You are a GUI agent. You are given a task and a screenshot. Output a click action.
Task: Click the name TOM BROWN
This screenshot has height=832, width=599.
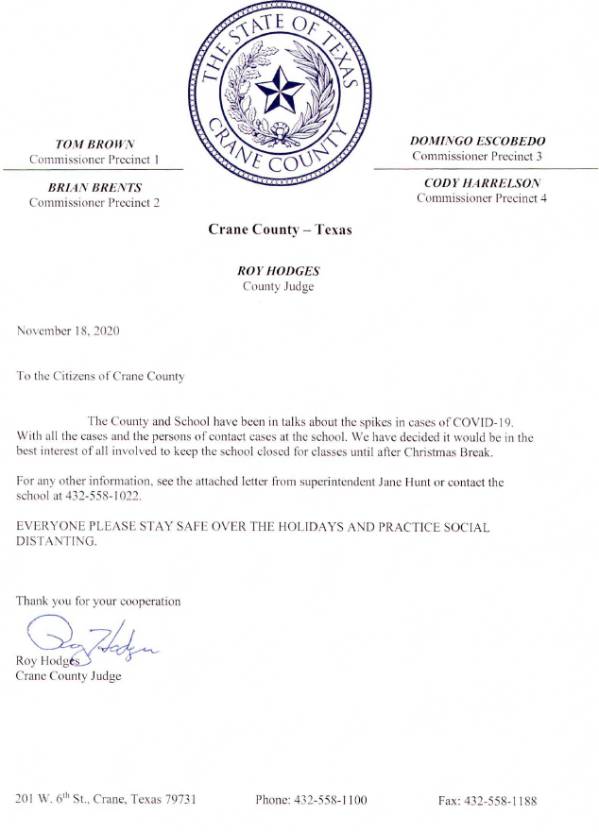click(x=94, y=144)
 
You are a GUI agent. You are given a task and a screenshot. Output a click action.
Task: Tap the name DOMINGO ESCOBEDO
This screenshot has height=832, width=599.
click(x=477, y=141)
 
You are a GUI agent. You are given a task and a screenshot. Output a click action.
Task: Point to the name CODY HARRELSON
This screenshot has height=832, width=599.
click(x=481, y=183)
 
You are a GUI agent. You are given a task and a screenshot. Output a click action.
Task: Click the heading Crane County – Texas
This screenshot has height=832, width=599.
click(x=280, y=229)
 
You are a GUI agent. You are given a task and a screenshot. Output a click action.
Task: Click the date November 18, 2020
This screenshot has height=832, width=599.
click(x=68, y=331)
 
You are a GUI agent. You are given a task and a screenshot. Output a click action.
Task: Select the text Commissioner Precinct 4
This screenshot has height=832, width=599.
click(x=481, y=198)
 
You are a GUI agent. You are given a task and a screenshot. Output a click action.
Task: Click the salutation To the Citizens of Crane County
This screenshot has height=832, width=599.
click(x=100, y=376)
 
